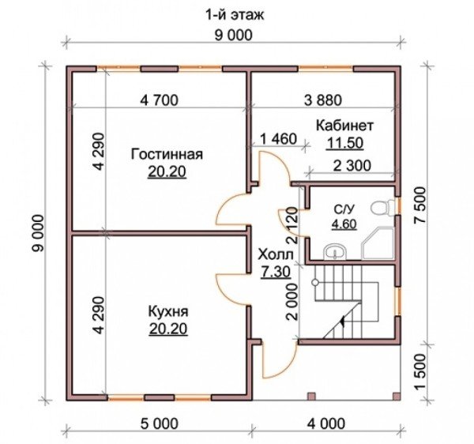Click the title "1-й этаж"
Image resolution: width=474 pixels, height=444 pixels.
pos(235,14)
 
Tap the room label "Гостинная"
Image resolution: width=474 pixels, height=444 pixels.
pos(167,154)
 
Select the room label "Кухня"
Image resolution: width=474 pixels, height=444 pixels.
pos(168,311)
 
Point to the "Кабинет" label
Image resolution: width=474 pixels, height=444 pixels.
pos(345,126)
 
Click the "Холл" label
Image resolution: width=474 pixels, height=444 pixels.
pos(276,255)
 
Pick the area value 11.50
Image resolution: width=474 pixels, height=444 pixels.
pos(345,143)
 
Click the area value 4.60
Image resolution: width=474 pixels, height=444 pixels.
pos(344,224)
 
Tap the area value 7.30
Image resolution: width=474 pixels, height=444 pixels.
pos(276,272)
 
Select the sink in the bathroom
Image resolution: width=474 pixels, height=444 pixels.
pos(335,252)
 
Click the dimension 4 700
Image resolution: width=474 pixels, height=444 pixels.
pos(160,100)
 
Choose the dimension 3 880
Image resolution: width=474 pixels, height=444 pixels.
pos(323,100)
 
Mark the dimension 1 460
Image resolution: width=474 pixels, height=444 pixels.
pos(278,139)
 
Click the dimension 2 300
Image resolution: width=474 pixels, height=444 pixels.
pos(352,166)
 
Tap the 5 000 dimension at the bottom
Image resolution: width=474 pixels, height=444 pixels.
pos(160,423)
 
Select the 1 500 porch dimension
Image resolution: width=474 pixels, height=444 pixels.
pos(420,372)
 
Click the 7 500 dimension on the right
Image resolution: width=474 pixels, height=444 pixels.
pos(420,205)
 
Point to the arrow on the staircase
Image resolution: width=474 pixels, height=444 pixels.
pos(343,321)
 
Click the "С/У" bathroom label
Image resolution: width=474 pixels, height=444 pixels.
pos(344,209)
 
